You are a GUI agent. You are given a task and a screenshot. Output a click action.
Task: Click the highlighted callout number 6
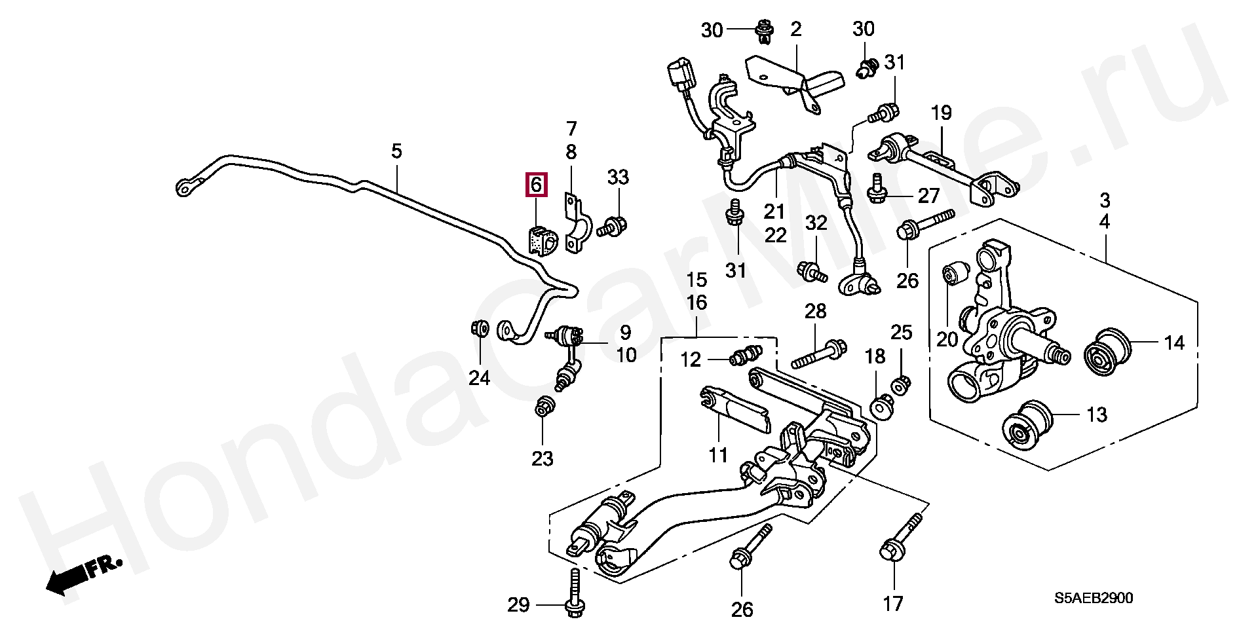point(536,185)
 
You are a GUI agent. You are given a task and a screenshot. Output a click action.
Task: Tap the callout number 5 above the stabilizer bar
point(396,152)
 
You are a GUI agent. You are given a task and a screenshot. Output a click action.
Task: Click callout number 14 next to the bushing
point(1174,342)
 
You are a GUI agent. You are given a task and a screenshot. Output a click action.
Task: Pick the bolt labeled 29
point(575,594)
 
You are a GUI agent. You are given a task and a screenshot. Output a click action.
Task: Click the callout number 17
point(893,603)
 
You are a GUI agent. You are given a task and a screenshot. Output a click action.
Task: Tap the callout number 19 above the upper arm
point(941,113)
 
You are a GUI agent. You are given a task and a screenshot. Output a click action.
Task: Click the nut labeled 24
point(480,327)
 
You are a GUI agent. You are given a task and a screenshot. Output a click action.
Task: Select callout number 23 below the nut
point(543,459)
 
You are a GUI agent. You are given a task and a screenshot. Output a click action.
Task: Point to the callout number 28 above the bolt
point(816,311)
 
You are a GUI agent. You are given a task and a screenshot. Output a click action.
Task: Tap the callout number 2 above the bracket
point(796,29)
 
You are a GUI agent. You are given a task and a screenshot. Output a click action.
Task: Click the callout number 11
point(718,454)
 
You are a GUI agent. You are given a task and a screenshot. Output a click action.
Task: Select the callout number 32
point(816,223)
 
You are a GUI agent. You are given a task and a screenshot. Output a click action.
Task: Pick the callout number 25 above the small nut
point(902,333)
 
